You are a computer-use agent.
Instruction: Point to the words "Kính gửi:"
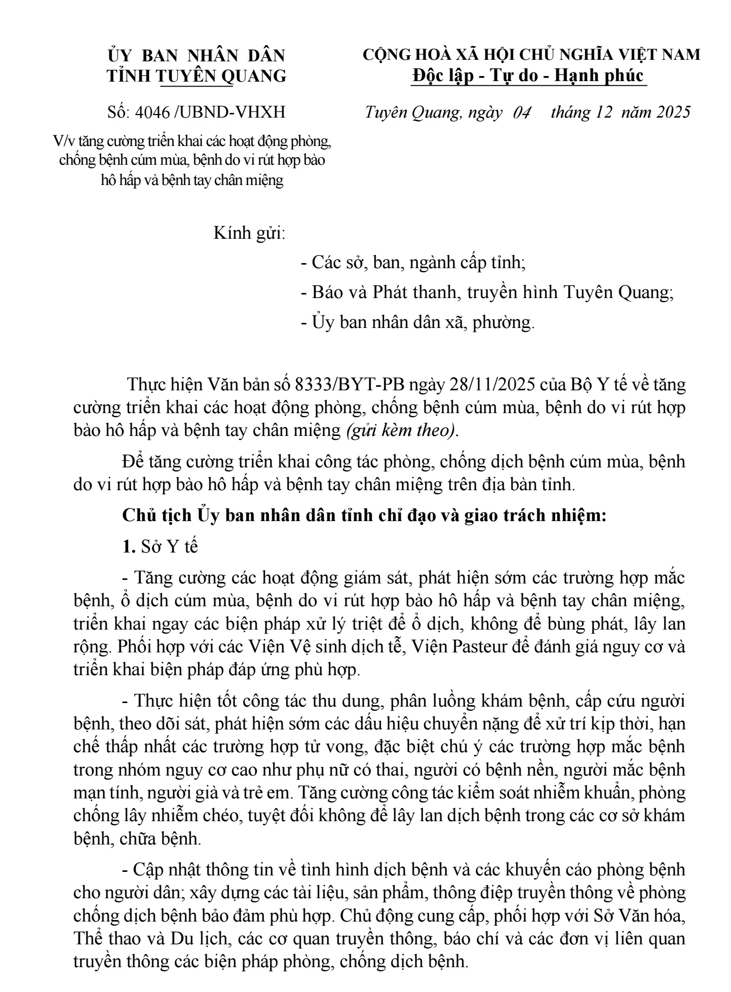pos(250,234)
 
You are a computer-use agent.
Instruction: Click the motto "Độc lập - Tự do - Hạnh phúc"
pos(528,76)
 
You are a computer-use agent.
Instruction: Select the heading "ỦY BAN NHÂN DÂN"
pos(197,55)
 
